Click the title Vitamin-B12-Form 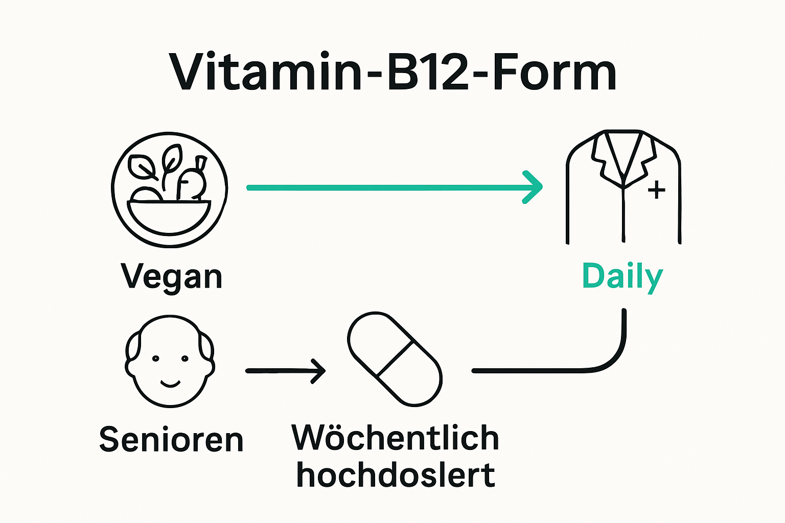click(x=392, y=72)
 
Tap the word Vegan click(x=172, y=277)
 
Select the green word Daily click(x=622, y=277)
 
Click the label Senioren click(x=171, y=439)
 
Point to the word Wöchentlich click(x=395, y=438)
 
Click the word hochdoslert click(x=395, y=475)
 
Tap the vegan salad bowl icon click(x=169, y=190)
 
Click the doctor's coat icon click(x=623, y=187)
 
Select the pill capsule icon click(x=394, y=359)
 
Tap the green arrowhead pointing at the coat click(x=534, y=187)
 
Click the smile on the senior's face click(x=170, y=384)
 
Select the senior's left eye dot click(x=156, y=359)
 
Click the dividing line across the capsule click(x=395, y=359)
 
